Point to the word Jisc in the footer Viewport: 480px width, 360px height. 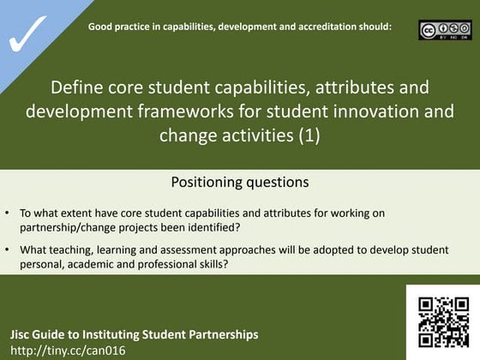click(x=23, y=333)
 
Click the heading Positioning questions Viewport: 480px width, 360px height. click(x=240, y=182)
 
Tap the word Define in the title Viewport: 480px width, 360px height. click(x=76, y=89)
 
